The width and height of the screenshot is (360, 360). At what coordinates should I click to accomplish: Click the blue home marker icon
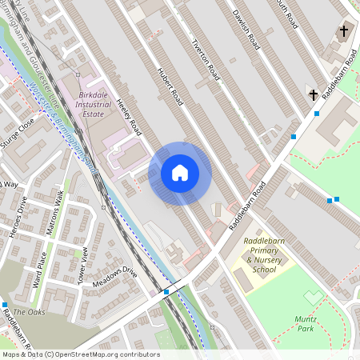(180, 173)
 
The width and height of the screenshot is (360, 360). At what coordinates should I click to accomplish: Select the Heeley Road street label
(129, 116)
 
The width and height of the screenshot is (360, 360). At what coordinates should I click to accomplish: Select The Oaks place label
(30, 312)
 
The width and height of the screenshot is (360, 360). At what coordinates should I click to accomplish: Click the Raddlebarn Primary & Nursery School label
(263, 259)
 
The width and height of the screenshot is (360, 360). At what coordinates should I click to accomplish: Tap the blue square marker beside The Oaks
(5, 305)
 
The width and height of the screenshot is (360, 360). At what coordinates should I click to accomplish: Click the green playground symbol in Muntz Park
(313, 298)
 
